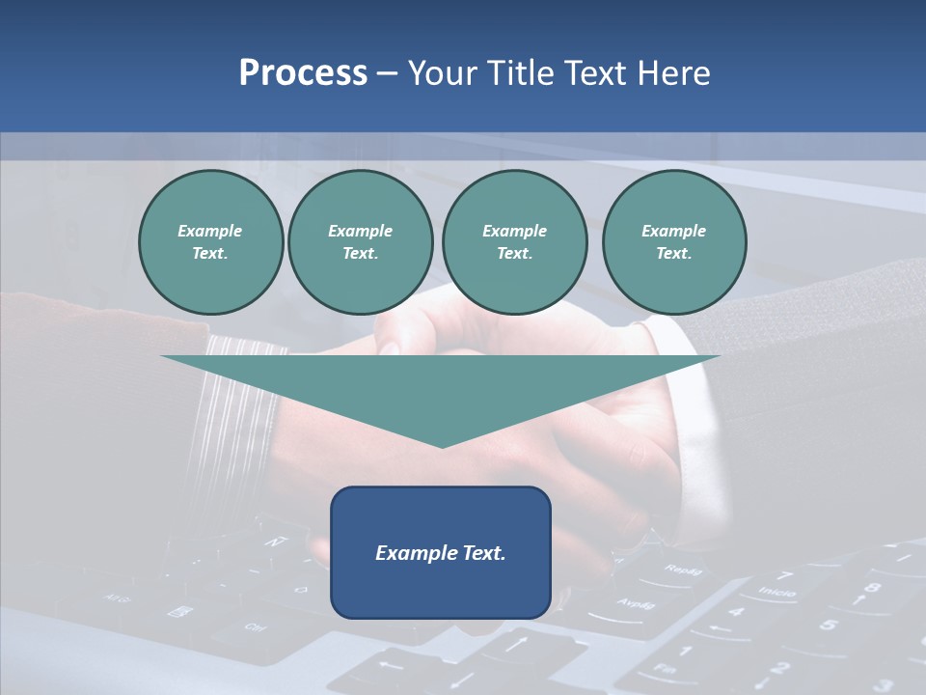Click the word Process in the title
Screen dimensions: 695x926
click(303, 73)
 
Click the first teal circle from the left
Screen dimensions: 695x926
click(211, 242)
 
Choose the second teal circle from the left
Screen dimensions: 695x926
click(361, 242)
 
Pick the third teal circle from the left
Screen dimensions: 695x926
click(514, 242)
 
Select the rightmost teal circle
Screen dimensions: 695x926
click(674, 242)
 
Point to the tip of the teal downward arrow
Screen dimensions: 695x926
click(442, 445)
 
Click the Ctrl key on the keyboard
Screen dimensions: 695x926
click(255, 627)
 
